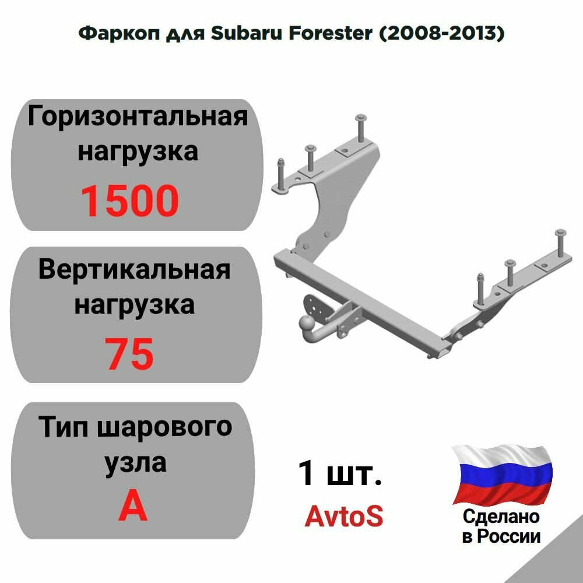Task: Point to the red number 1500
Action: [x=129, y=201]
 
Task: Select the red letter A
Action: [x=133, y=506]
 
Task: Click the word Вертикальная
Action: [x=135, y=270]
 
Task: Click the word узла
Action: [x=135, y=462]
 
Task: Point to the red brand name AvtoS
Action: [x=344, y=516]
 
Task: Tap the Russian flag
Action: [x=502, y=473]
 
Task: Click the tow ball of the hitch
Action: [x=305, y=322]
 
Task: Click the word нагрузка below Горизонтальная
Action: [x=138, y=152]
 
